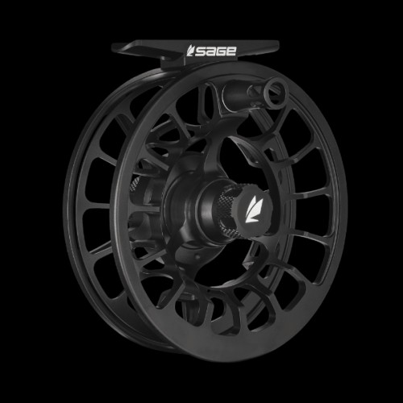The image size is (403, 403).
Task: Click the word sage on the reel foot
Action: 215,51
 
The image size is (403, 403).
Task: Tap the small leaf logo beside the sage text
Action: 190,51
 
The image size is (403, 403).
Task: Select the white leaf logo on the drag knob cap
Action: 253,209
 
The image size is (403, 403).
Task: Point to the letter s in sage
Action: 200,51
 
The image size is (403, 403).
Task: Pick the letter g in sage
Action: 221,51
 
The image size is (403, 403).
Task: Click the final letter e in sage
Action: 231,51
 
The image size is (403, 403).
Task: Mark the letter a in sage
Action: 210,51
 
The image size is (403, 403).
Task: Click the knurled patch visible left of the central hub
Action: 134,185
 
